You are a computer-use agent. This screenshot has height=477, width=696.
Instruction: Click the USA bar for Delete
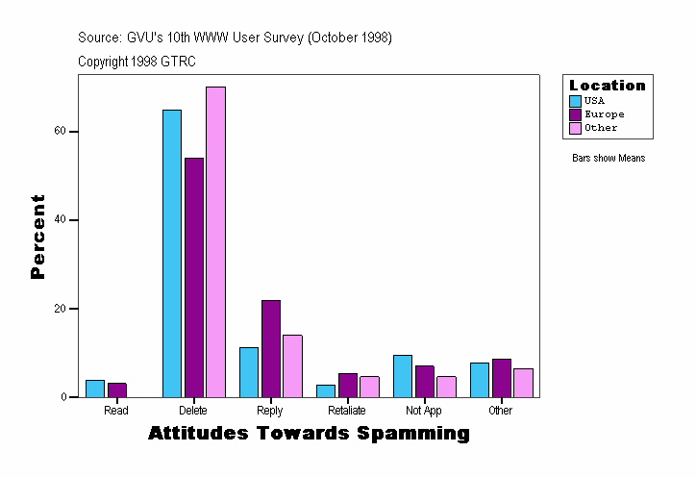[172, 253]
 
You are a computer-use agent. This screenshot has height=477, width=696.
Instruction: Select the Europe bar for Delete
[194, 277]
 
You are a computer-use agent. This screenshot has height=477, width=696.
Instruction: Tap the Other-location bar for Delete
[215, 241]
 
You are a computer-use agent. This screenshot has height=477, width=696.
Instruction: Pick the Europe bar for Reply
[271, 348]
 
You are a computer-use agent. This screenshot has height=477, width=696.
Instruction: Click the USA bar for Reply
[249, 372]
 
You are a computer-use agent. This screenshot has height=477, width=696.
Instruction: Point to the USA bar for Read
[95, 389]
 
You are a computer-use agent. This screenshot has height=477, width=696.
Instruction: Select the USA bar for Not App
[403, 376]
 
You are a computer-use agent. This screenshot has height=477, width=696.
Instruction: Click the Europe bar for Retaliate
[348, 385]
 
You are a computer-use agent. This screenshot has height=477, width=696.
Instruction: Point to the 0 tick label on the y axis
[62, 397]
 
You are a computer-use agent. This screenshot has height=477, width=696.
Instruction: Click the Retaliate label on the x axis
[346, 411]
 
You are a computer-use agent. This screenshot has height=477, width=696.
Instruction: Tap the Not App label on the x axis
[423, 411]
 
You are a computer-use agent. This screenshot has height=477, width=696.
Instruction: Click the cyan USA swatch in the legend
[576, 101]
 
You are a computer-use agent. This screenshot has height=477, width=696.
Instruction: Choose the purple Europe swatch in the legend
[576, 114]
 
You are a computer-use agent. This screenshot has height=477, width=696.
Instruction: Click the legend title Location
[608, 86]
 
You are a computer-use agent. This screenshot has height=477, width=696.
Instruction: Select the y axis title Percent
[37, 237]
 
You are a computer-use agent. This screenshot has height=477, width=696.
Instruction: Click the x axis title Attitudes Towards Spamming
[309, 434]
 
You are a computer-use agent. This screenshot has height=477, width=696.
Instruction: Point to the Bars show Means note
[609, 158]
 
